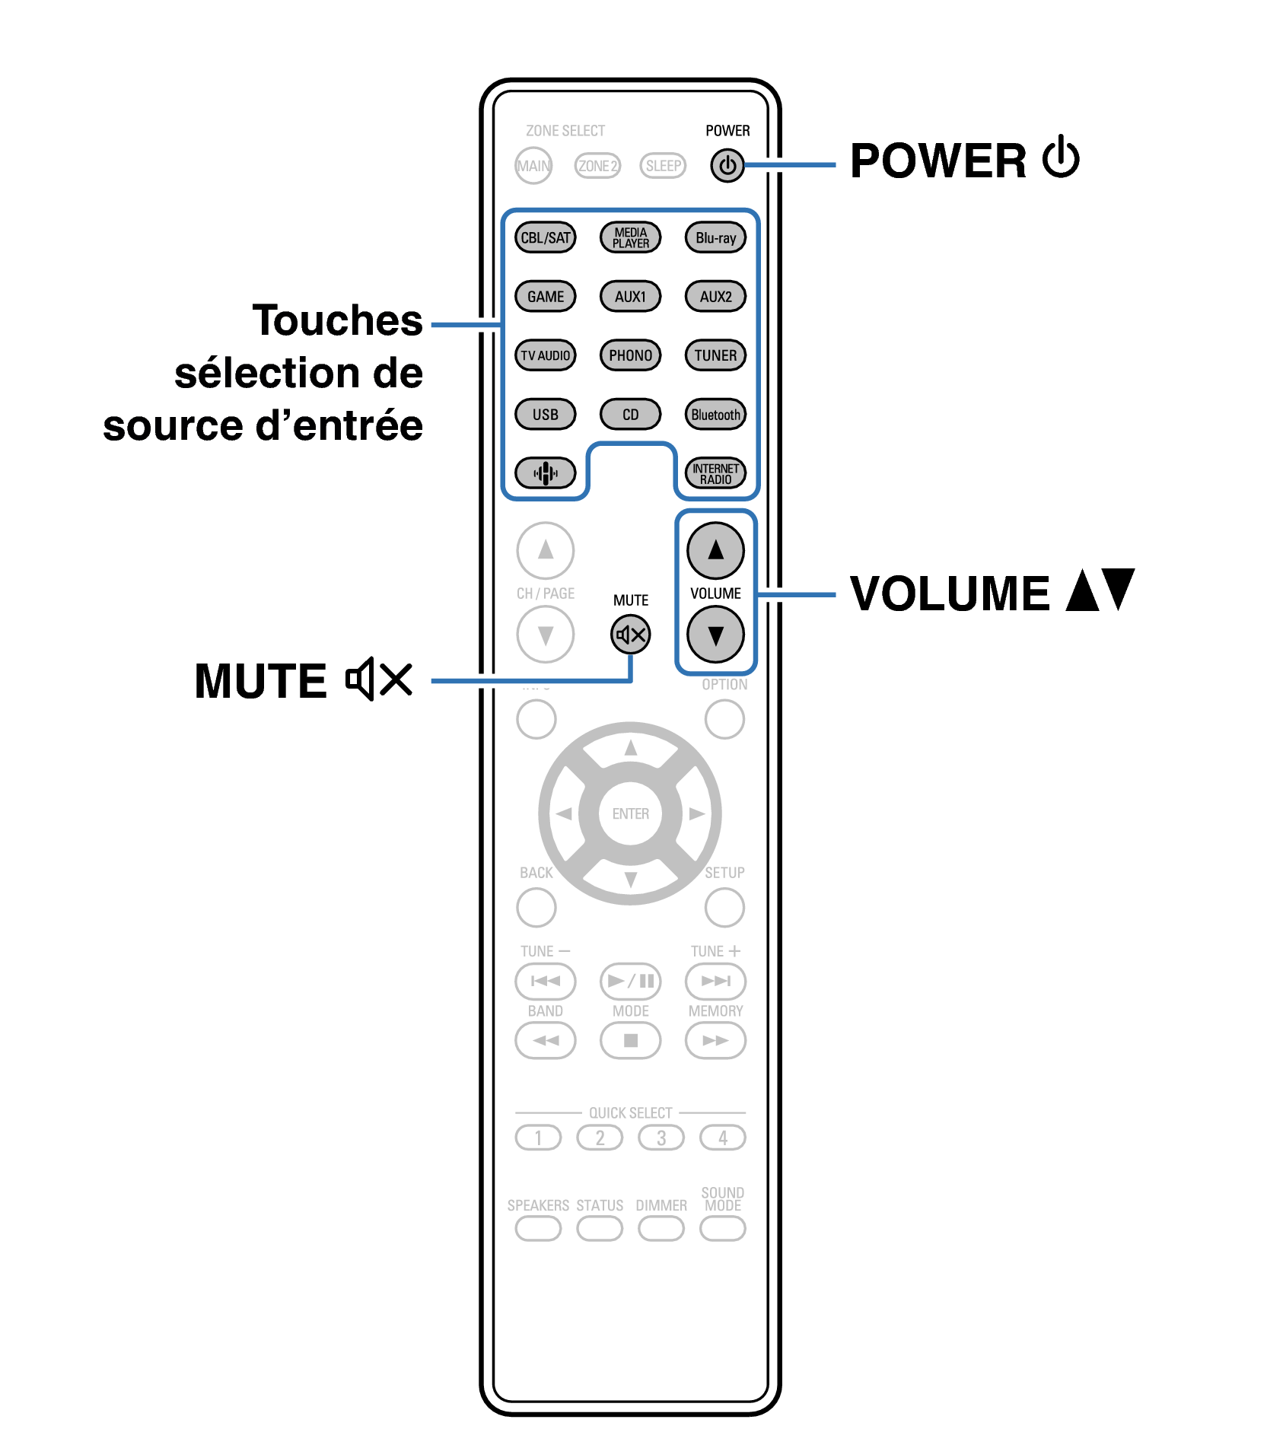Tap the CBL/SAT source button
[545, 237]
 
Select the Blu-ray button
[715, 237]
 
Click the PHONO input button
[630, 355]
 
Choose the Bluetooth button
[715, 415]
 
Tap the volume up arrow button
[715, 550]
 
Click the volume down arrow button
[715, 635]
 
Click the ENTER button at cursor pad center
[630, 813]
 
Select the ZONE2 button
[597, 166]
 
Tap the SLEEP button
[663, 166]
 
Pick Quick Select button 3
[661, 1138]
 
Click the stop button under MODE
[630, 1040]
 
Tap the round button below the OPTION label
[724, 719]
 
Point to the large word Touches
[337, 320]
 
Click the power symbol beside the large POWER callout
[1061, 158]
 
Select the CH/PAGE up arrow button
[545, 550]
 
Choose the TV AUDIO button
[545, 355]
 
